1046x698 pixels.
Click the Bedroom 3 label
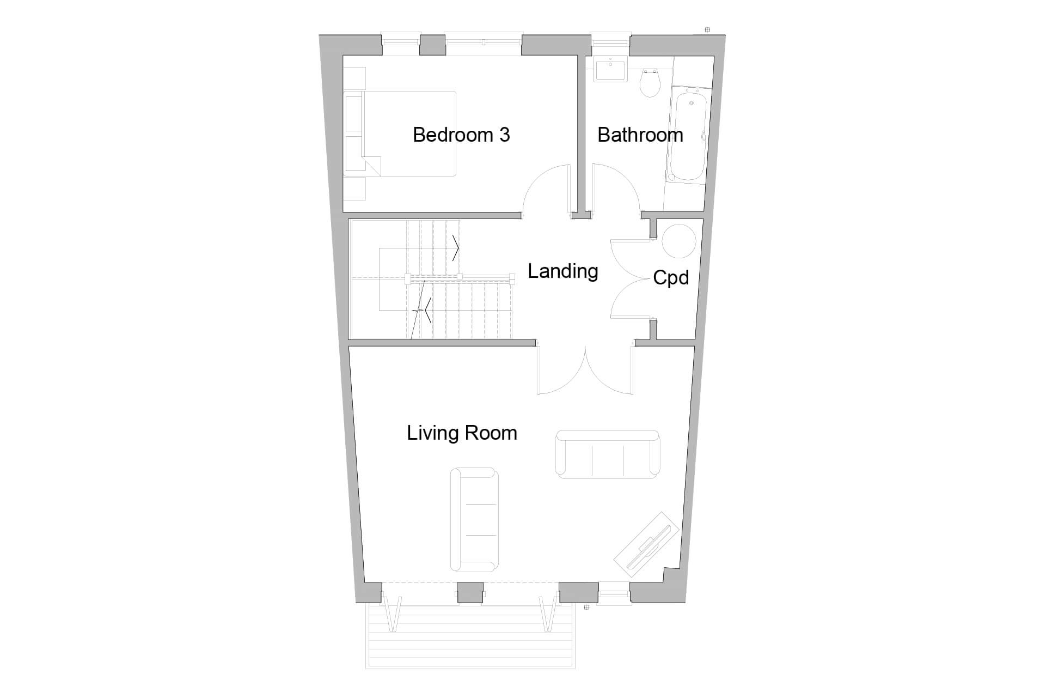point(461,135)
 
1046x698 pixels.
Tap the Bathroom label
point(640,135)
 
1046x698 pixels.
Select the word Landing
point(562,271)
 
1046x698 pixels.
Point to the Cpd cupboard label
point(670,278)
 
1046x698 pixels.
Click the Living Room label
point(462,433)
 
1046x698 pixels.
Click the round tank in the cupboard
point(678,241)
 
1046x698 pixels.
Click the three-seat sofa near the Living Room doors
point(607,454)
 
